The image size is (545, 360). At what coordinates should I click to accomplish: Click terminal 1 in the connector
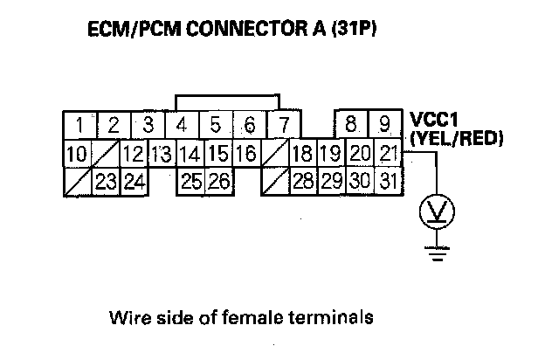[x=79, y=125]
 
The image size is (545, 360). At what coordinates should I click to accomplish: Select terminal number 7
[x=281, y=125]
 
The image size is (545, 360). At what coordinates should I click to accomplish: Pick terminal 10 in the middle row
[x=77, y=155]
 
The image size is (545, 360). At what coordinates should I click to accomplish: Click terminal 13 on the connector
[x=160, y=155]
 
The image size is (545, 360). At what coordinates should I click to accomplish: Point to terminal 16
[x=245, y=155]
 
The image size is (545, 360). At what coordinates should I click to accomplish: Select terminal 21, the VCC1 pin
[x=389, y=155]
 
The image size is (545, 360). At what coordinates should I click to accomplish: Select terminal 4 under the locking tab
[x=181, y=125]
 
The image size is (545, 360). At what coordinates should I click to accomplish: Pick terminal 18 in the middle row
[x=302, y=155]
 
